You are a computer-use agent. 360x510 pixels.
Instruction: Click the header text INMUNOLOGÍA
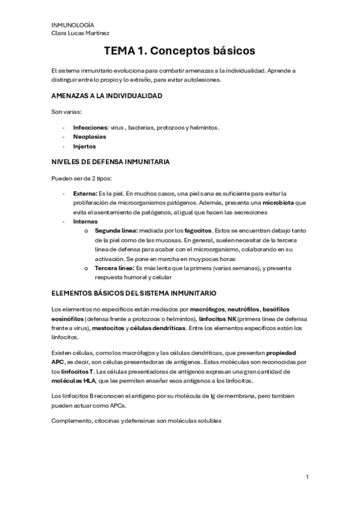[69, 24]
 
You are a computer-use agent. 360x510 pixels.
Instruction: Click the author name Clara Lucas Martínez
[81, 33]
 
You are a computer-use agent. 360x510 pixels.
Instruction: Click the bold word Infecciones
[90, 127]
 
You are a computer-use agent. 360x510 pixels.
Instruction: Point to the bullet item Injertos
[84, 146]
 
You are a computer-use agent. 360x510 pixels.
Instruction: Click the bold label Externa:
[85, 193]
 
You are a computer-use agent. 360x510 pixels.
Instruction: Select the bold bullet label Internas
[85, 221]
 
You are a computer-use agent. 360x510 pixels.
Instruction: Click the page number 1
[307, 477]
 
